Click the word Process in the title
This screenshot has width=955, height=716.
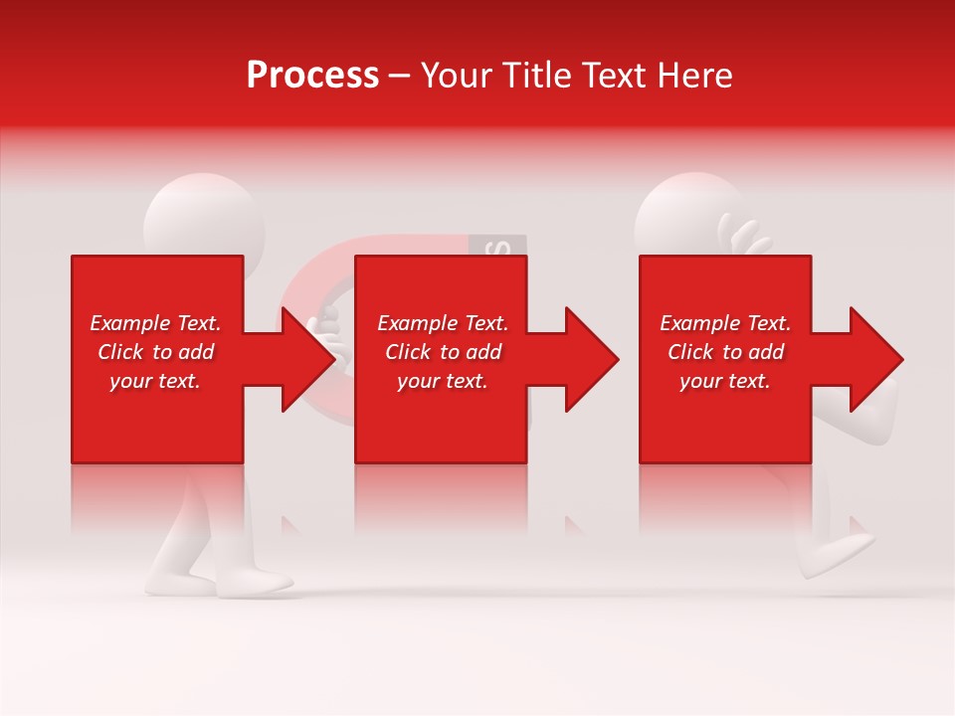(x=312, y=76)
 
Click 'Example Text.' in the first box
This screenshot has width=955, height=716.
(x=155, y=323)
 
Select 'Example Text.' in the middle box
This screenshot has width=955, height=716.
(x=443, y=323)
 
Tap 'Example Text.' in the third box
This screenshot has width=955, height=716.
(x=725, y=323)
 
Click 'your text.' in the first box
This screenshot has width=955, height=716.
(x=155, y=381)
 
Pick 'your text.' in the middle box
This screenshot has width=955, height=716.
(x=443, y=381)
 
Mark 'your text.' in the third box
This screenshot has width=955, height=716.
(x=725, y=381)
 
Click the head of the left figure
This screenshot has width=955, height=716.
(x=204, y=214)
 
